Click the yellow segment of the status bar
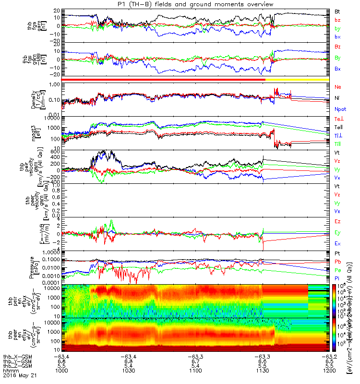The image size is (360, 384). pyautogui.click(x=298, y=79)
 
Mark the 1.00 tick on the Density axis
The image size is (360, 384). pyautogui.click(x=56, y=85)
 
